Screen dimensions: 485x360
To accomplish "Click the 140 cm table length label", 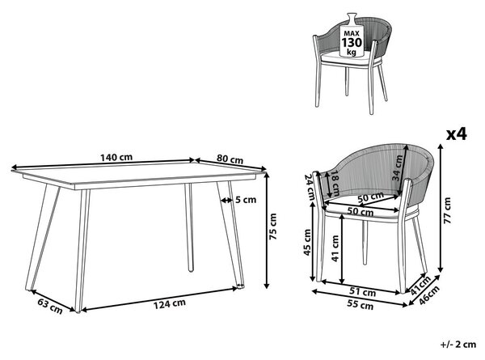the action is [x=116, y=157].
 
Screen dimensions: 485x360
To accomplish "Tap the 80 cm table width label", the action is [x=230, y=159].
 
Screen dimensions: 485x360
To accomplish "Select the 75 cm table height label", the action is [x=273, y=227].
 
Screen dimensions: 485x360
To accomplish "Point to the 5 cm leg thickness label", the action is [x=246, y=200].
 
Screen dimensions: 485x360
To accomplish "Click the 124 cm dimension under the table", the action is [x=170, y=303].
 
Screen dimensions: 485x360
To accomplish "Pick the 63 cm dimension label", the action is [x=50, y=306].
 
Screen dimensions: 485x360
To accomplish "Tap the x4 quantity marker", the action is [x=456, y=134].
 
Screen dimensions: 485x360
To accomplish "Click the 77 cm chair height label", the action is [x=448, y=210].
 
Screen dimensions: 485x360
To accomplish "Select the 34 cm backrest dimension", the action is [x=397, y=168].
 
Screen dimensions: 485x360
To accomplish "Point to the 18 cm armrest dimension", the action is [x=335, y=184].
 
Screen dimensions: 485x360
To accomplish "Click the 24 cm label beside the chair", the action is [x=309, y=187].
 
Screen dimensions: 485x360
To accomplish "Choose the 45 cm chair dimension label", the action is [x=307, y=243].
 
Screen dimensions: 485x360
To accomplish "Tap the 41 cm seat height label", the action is [x=335, y=248].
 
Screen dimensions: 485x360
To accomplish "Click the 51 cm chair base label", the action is [x=362, y=291].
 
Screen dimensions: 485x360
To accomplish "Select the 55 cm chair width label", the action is [x=360, y=305].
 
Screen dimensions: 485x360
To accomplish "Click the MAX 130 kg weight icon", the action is [x=352, y=36].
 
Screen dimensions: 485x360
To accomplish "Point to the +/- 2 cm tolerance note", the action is [x=458, y=344].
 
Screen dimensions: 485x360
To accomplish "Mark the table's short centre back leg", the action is [x=190, y=227].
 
